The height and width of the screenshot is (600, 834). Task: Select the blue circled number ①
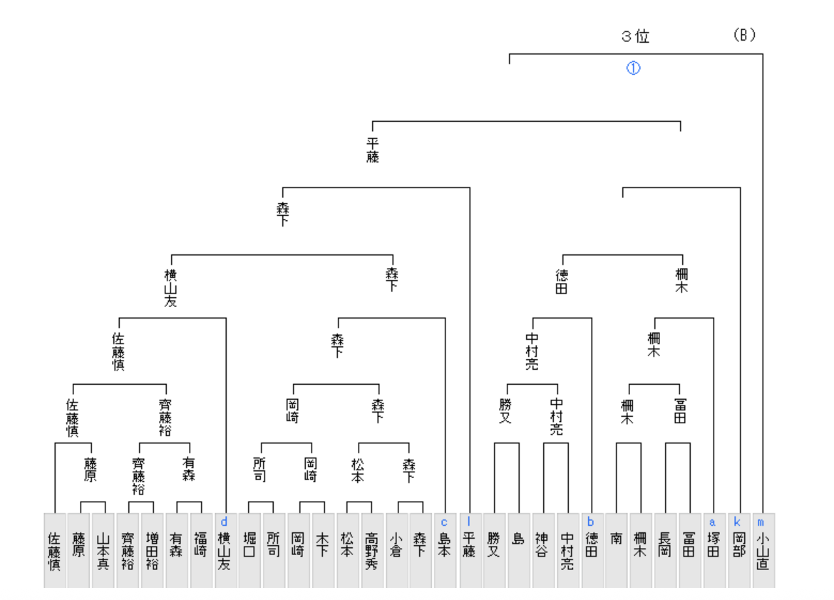634,68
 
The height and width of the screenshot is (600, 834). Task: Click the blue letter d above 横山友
225,522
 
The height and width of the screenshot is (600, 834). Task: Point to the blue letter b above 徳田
590,522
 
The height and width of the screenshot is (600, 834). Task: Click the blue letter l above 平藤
468,522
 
